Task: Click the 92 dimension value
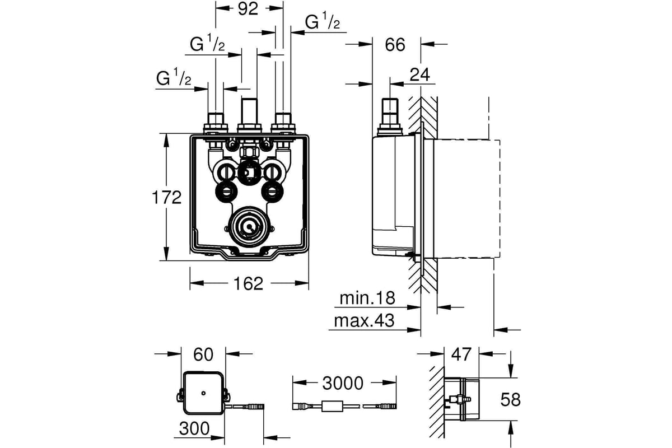[248, 9]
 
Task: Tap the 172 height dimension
[167, 198]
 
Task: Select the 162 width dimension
[249, 283]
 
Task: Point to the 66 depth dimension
[395, 45]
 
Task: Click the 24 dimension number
[419, 74]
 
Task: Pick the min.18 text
[367, 298]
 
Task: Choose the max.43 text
[364, 321]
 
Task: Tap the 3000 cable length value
[343, 383]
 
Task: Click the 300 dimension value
[194, 428]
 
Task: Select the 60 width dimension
[203, 354]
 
